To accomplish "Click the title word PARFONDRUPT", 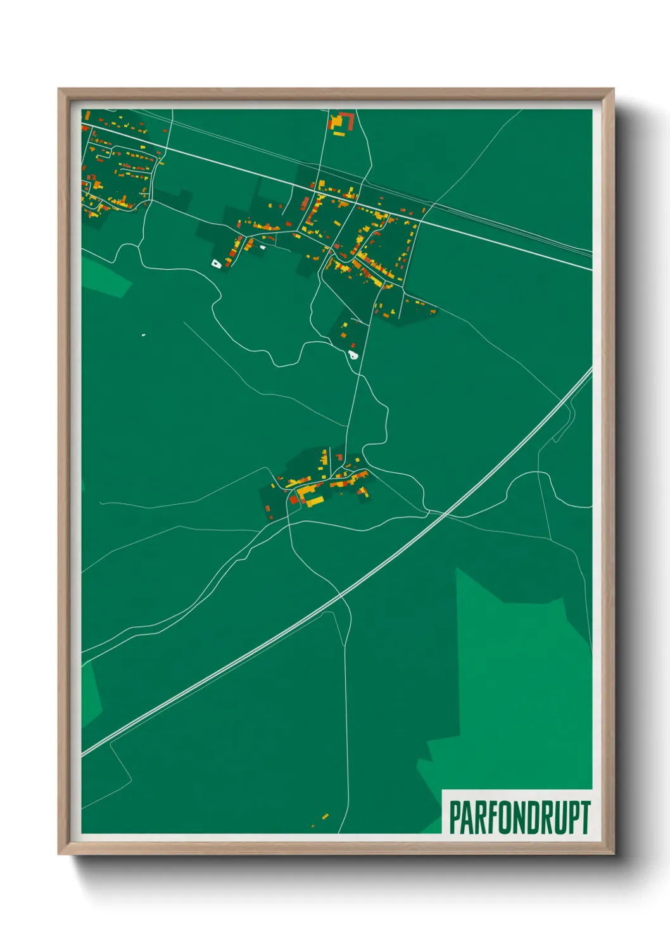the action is pos(519,817).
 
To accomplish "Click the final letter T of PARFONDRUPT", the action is pos(585,817).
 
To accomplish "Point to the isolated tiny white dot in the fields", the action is pos(144,335).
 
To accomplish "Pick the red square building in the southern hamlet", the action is pos(293,500).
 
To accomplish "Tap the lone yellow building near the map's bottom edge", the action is pos(326,817).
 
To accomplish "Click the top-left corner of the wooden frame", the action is pos(60,89).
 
